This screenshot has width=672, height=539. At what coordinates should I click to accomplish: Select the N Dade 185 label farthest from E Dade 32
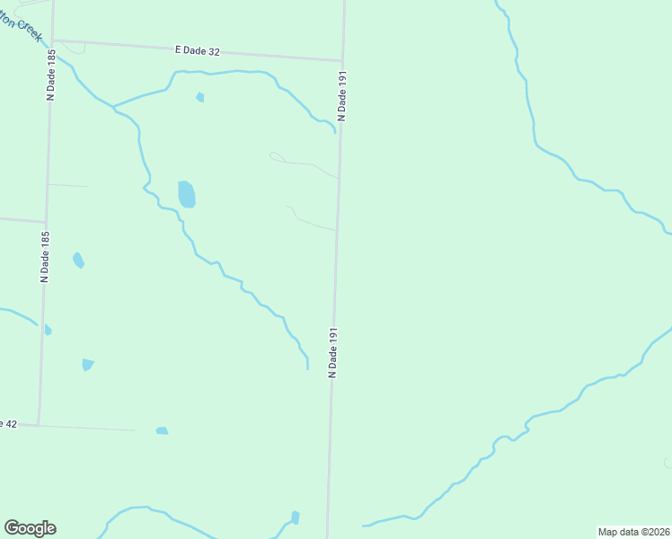pos(44,257)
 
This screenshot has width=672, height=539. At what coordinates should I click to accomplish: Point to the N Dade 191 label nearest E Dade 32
pos(341,97)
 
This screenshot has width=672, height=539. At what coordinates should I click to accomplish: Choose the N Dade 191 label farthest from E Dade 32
pos(332,352)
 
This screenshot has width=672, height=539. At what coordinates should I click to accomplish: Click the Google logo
pos(30,528)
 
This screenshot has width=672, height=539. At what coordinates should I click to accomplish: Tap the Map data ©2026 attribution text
pos(633,532)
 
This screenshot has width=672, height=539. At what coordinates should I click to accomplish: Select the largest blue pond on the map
pos(186,193)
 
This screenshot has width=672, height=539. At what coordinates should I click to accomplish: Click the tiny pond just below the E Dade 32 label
pos(200,97)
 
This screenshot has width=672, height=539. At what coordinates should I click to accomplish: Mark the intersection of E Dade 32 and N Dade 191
pos(342,61)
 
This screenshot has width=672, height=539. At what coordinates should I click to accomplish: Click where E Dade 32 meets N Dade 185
pos(52,40)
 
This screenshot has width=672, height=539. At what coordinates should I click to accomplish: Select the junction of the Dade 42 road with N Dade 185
pos(39,424)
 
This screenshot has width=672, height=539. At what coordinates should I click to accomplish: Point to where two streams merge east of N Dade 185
pos(113,108)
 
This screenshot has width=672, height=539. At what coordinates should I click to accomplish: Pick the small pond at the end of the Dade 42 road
pos(162,431)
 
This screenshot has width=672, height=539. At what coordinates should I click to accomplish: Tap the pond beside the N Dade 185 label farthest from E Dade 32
pos(78,261)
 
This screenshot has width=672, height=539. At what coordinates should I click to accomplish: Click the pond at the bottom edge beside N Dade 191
pos(295,517)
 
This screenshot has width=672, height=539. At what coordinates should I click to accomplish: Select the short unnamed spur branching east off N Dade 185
pos(68,186)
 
